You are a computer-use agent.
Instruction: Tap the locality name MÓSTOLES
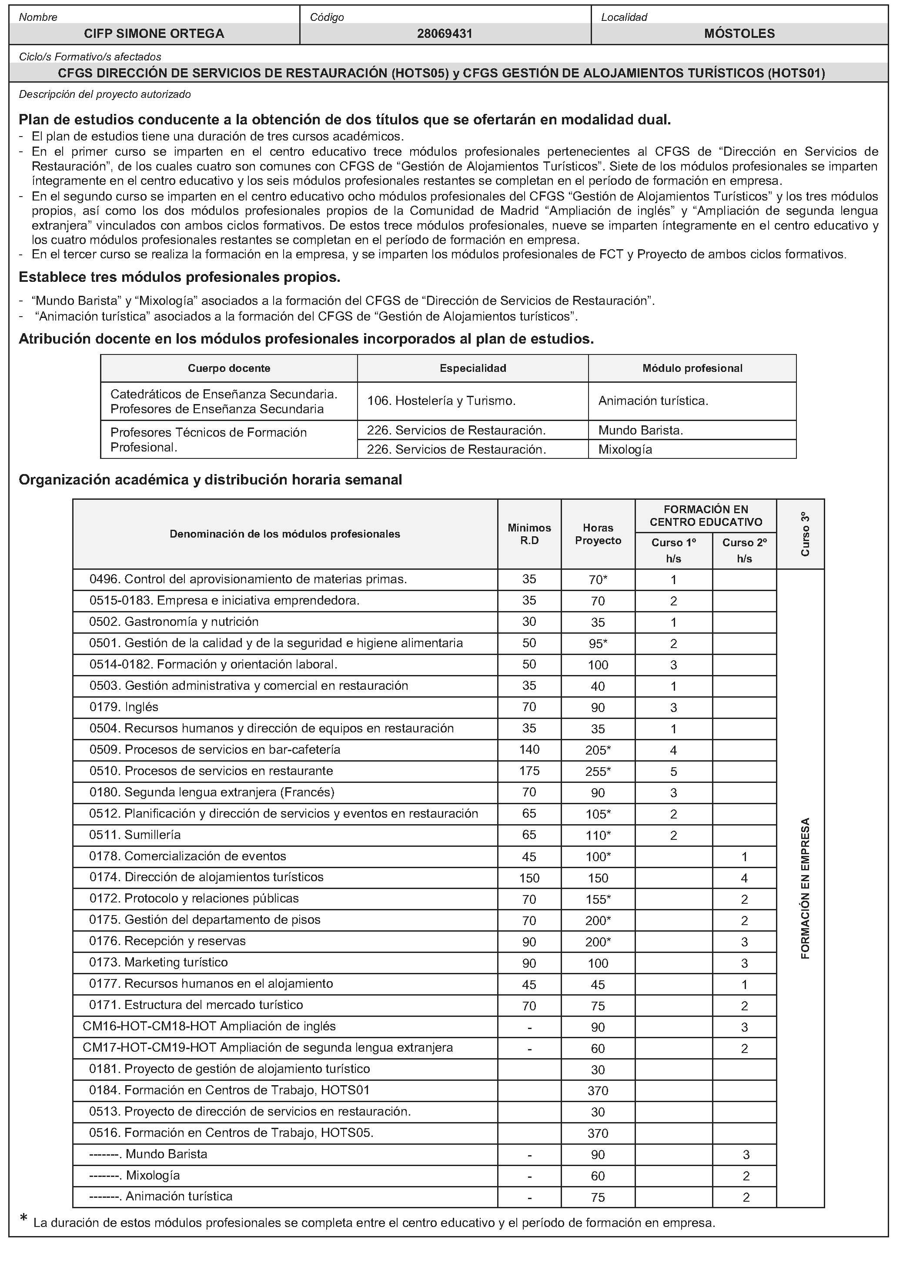(739, 33)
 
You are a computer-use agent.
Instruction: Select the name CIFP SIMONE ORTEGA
(154, 33)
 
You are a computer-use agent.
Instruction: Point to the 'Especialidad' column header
(473, 368)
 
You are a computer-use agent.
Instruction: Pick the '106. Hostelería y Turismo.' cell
(441, 401)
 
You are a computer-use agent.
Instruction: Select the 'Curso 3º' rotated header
(805, 534)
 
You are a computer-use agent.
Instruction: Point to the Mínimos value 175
(529, 771)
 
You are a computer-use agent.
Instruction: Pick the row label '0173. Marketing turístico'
(158, 963)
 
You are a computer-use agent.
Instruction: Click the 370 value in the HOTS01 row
(598, 1091)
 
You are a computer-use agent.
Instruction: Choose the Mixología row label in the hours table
(134, 1176)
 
